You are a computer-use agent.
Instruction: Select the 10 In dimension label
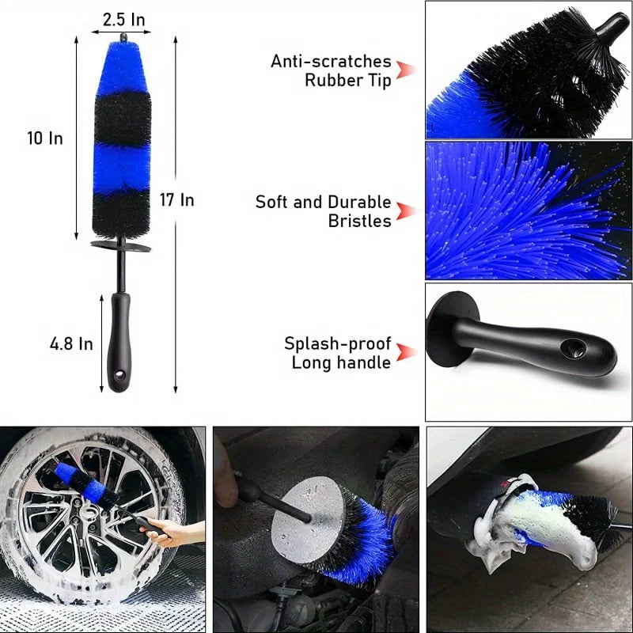[45, 138]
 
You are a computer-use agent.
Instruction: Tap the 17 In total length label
[176, 200]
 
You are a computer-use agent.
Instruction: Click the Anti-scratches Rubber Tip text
[331, 71]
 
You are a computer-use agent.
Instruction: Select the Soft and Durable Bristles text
[323, 211]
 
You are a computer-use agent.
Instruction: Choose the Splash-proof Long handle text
[338, 353]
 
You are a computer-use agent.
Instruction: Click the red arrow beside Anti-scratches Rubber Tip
[406, 70]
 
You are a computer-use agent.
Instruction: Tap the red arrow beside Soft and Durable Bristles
[406, 211]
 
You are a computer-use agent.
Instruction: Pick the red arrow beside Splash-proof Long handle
[406, 353]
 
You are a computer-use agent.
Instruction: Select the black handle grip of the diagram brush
[119, 344]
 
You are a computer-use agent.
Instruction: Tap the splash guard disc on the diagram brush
[120, 246]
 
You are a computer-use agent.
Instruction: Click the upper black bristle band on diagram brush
[121, 116]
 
